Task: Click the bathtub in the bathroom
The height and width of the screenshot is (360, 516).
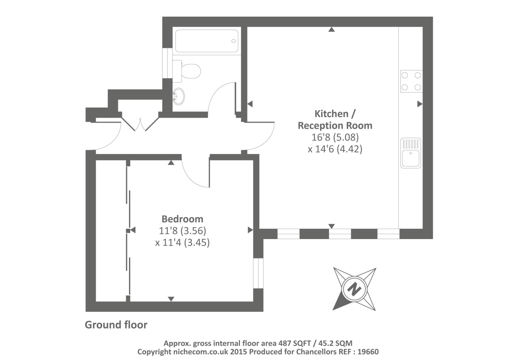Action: pyautogui.click(x=206, y=41)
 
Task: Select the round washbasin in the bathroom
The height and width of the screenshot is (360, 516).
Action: pyautogui.click(x=179, y=96)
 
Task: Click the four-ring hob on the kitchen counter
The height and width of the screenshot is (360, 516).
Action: pyautogui.click(x=411, y=81)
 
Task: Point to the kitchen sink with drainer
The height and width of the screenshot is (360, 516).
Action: pyautogui.click(x=411, y=153)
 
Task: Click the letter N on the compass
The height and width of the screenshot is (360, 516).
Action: pyautogui.click(x=355, y=288)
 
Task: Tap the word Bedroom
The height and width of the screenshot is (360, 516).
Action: pyautogui.click(x=182, y=219)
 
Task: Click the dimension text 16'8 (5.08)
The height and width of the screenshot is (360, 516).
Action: pyautogui.click(x=335, y=137)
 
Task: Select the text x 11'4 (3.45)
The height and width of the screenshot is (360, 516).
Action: pyautogui.click(x=182, y=242)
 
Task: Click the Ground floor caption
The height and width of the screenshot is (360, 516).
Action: pyautogui.click(x=116, y=325)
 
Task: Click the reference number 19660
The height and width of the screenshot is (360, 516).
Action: pyautogui.click(x=368, y=352)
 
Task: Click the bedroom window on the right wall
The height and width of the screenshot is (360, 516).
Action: pyautogui.click(x=258, y=273)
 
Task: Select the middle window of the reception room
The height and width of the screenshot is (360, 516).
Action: pyautogui.click(x=340, y=234)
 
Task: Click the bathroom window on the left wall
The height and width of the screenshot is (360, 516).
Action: pyautogui.click(x=167, y=63)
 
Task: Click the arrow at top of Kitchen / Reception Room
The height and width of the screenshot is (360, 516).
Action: pyautogui.click(x=332, y=29)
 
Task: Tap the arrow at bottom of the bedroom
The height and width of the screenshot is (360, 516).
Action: pyautogui.click(x=171, y=299)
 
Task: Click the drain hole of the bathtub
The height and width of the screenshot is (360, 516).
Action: pyautogui.click(x=233, y=41)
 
